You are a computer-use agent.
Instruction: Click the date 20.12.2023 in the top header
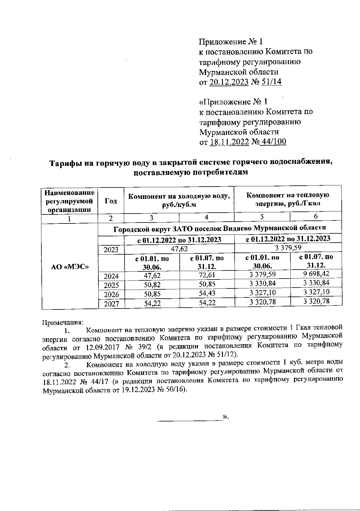229,82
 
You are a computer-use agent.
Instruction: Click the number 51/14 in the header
271,82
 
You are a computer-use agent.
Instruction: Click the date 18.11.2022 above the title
229,142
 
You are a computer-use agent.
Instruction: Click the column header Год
111,201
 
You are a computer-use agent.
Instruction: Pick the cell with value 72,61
207,275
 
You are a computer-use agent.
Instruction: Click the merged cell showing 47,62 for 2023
179,249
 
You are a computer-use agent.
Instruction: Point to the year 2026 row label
111,294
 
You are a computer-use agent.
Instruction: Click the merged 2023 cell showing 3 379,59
288,248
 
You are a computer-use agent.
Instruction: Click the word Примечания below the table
63,323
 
